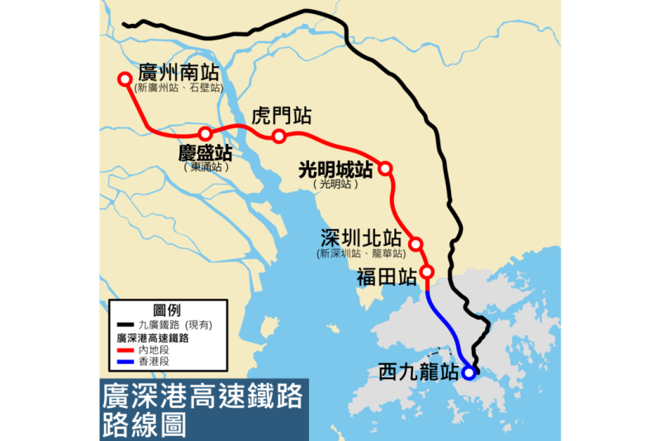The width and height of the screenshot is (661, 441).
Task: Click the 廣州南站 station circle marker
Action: pyautogui.click(x=125, y=79)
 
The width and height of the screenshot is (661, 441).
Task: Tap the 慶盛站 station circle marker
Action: pyautogui.click(x=205, y=134)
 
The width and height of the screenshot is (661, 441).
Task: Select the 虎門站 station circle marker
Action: pyautogui.click(x=279, y=136)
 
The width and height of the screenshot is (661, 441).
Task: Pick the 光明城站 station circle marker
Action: pyautogui.click(x=385, y=169)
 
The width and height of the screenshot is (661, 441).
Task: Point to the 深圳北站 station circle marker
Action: pyautogui.click(x=416, y=244)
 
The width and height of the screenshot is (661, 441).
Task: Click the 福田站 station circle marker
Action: pyautogui.click(x=427, y=271)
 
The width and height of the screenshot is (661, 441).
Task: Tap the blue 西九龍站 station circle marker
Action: pyautogui.click(x=468, y=372)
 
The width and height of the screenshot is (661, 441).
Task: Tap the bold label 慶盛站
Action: pyautogui.click(x=204, y=154)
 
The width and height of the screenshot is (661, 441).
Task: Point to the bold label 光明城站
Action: pyautogui.click(x=335, y=170)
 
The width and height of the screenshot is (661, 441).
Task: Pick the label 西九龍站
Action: pyautogui.click(x=418, y=372)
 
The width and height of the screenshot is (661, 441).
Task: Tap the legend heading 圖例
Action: pyautogui.click(x=167, y=310)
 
